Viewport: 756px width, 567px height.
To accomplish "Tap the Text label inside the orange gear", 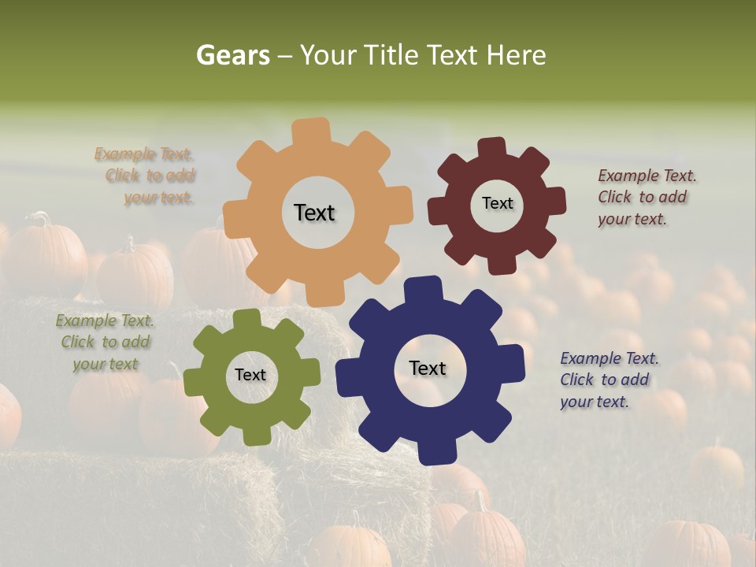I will (x=314, y=213).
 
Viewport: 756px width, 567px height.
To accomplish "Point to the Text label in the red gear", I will (x=497, y=203).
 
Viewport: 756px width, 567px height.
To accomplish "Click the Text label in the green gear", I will (x=250, y=376).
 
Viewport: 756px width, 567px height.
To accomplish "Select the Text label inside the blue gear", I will (x=428, y=368).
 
